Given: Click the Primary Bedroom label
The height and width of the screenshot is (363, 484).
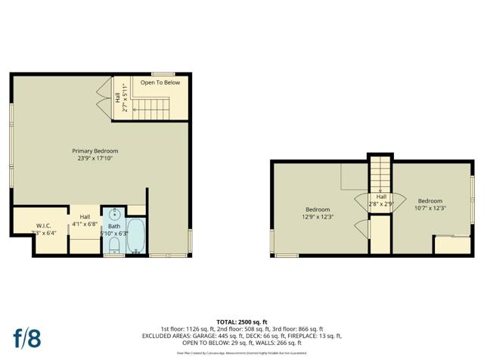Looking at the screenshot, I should coord(95,150).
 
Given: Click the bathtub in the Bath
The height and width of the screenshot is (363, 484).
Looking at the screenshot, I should coord(137,237).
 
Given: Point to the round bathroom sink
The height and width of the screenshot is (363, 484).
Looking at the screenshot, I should coord(114,213).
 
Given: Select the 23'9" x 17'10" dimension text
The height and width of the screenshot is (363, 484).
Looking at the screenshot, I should coord(95,159).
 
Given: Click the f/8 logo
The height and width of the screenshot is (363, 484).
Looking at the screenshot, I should coord(26,337).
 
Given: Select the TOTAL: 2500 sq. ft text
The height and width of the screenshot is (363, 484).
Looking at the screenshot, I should coord(241,321).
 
